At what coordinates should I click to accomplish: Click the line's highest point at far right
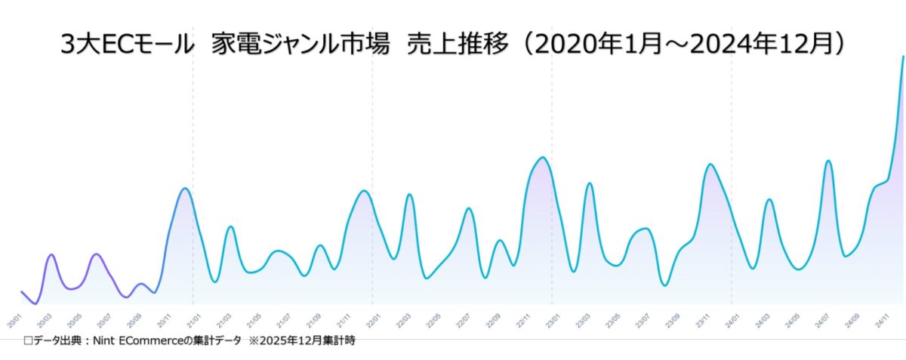point(903,57)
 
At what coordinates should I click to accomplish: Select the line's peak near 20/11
point(184,188)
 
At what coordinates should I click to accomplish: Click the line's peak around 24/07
point(828,161)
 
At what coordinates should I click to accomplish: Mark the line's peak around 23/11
point(709,164)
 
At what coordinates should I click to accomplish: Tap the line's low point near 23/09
point(664,285)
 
